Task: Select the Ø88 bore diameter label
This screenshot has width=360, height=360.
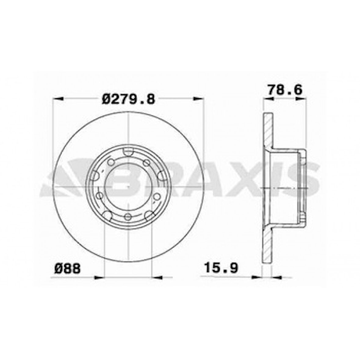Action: click(x=67, y=268)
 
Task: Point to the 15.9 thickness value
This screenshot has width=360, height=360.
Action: click(x=221, y=268)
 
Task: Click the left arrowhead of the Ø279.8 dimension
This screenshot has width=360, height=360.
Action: click(x=58, y=99)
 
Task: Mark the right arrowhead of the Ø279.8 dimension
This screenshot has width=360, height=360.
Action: click(x=199, y=99)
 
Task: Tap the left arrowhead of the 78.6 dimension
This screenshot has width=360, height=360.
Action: click(x=268, y=99)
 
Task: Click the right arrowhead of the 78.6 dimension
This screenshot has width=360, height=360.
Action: click(x=301, y=99)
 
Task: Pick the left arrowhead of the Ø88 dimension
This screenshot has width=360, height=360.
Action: click(x=99, y=278)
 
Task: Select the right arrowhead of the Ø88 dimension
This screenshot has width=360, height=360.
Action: click(x=157, y=278)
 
